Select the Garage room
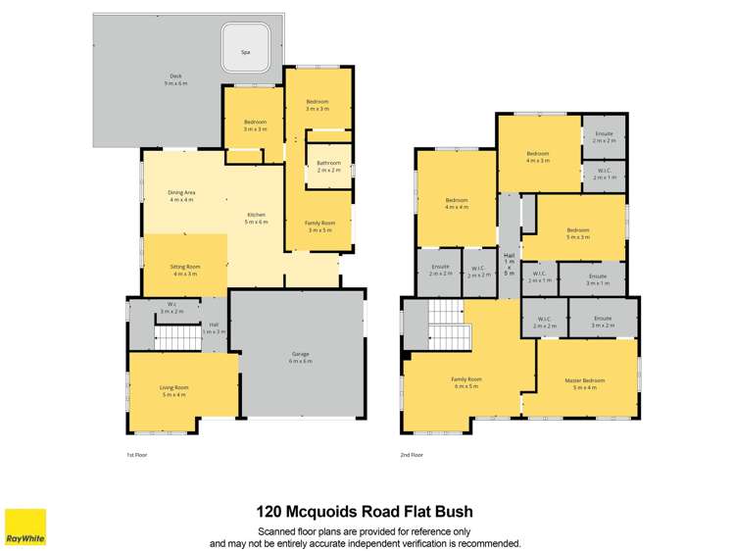pos(299,359)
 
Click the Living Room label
pos(173,390)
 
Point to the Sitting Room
pos(186,270)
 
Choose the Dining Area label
pos(182,196)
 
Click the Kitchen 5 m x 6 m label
pos(257,218)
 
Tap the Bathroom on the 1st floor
pos(328,167)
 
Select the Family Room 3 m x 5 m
pos(319,227)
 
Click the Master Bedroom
pos(585,383)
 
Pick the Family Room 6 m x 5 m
pos(465,382)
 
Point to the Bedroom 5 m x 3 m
pos(577,233)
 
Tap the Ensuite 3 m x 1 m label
pos(598,279)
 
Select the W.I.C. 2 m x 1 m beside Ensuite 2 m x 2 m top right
pos(604,175)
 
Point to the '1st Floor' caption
pos(136,455)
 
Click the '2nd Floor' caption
pos(412,455)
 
